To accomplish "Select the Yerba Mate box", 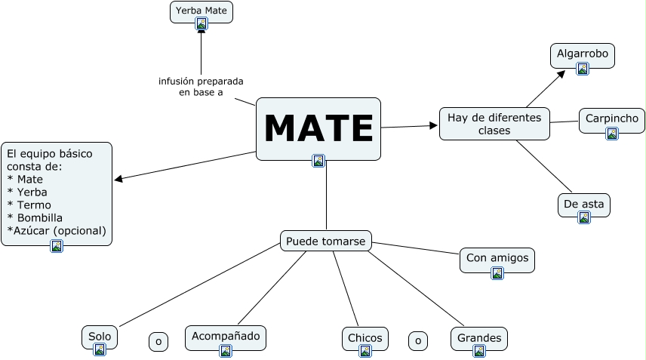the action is (x=201, y=11).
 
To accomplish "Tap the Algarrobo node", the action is (x=582, y=54).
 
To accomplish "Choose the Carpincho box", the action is (x=611, y=119).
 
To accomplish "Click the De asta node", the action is (x=583, y=204).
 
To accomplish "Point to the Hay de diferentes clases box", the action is (x=494, y=124).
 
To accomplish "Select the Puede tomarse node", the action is (x=326, y=241).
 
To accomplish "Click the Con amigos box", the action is (x=497, y=259).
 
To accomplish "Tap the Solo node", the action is (x=99, y=337).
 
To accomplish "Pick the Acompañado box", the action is (x=226, y=337).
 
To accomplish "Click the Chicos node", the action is (x=365, y=338).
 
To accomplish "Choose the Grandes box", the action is (x=479, y=338).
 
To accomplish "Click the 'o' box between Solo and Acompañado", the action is (x=158, y=341).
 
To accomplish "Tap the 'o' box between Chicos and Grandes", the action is (x=417, y=341).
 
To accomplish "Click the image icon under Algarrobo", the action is (x=582, y=69).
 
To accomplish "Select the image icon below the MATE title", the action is (x=318, y=160).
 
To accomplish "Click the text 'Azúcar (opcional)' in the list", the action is (x=57, y=230).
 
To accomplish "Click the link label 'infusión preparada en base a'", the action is (x=201, y=86).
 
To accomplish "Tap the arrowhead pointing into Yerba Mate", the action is (x=201, y=32).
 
